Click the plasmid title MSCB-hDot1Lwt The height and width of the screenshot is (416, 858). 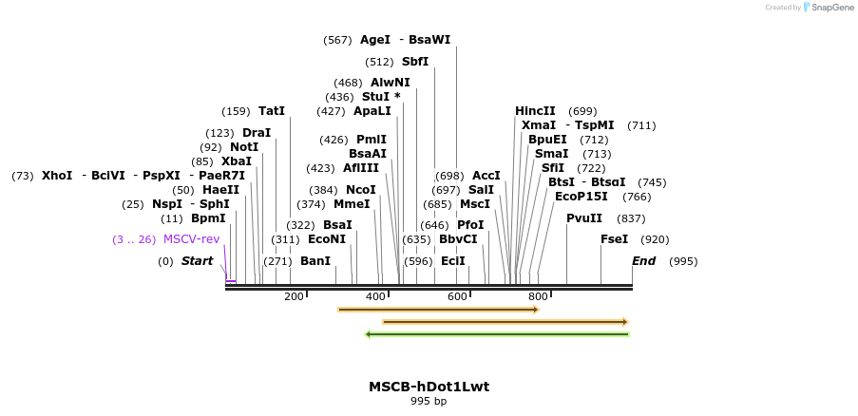click(x=429, y=387)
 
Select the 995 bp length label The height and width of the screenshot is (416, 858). click(x=429, y=402)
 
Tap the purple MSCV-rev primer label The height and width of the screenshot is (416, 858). click(x=191, y=239)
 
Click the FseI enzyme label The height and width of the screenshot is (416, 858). click(x=615, y=239)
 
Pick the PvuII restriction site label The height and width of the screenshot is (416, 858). click(x=584, y=218)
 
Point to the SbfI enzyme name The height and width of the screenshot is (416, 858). click(x=415, y=62)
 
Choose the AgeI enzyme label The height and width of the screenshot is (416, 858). click(x=375, y=40)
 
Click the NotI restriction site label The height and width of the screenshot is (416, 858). click(x=244, y=147)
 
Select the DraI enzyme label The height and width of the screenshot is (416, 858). click(x=257, y=133)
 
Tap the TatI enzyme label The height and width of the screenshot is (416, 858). click(x=272, y=111)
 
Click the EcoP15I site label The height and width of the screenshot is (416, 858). click(x=582, y=197)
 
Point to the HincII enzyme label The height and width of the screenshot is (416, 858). click(x=535, y=111)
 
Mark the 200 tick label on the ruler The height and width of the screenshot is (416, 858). click(x=294, y=297)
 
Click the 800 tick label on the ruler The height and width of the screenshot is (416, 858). click(x=539, y=297)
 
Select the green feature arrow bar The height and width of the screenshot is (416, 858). click(x=498, y=333)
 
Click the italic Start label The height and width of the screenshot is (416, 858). click(x=198, y=261)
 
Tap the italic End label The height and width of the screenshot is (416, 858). click(x=644, y=261)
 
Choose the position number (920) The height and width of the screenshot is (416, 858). click(x=656, y=239)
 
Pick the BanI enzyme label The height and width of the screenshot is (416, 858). click(x=315, y=261)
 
